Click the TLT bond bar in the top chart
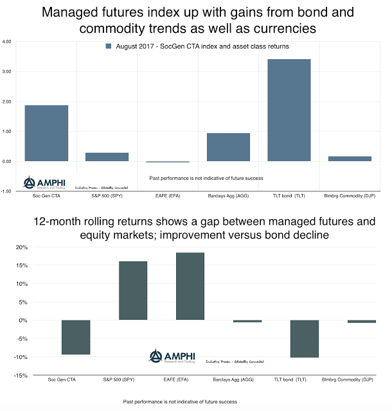[x=289, y=110]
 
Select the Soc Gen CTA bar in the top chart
[x=46, y=133]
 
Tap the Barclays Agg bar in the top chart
[x=228, y=147]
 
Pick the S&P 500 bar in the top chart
[x=107, y=157]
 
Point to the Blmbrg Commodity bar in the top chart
[x=350, y=158]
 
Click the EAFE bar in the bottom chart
[x=190, y=286]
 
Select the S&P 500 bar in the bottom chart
[x=133, y=290]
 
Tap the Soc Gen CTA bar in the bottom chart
[x=76, y=337]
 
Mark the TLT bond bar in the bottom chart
[x=304, y=338]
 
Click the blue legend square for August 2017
[x=108, y=46]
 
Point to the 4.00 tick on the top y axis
[x=7, y=42]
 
